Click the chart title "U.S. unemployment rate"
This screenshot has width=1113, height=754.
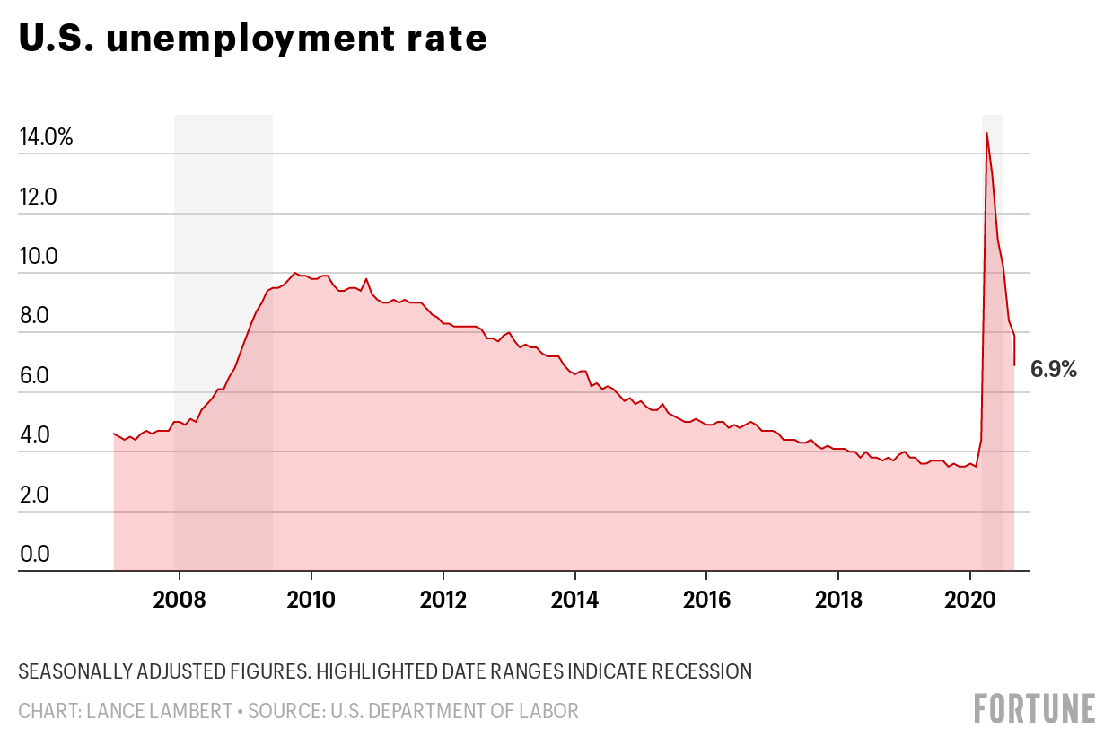(252, 39)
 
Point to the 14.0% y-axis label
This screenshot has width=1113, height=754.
(46, 137)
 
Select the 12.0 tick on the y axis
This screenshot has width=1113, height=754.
(38, 197)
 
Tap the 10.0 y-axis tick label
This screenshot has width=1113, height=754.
(38, 257)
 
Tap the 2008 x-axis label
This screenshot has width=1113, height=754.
(180, 599)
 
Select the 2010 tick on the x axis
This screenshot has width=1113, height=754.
(311, 599)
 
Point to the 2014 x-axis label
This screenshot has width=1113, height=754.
(574, 599)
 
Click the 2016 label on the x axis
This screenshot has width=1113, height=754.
(706, 599)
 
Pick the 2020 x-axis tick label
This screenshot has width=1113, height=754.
(969, 599)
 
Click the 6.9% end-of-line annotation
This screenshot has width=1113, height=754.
(1053, 369)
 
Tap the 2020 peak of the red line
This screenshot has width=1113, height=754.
(986, 133)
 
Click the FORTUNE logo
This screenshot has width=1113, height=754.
(1035, 708)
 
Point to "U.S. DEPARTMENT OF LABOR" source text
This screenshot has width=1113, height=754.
(454, 711)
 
